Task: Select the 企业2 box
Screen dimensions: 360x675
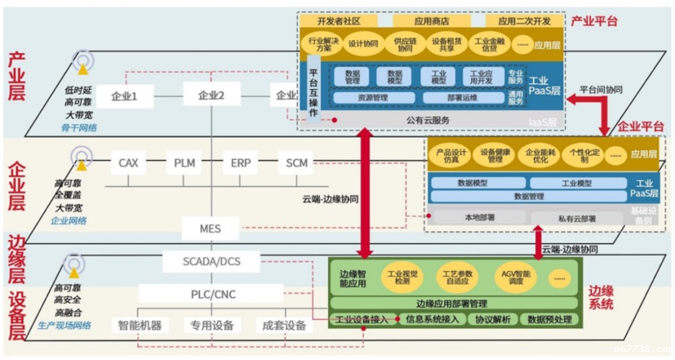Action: pos(211,96)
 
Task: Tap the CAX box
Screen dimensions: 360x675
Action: pos(128,163)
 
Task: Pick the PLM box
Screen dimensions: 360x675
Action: pos(184,163)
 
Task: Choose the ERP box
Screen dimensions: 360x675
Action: pos(240,163)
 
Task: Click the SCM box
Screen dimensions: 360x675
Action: pos(296,163)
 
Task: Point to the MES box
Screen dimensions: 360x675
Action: pos(210,228)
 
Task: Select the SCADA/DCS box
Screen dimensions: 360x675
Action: pos(211,261)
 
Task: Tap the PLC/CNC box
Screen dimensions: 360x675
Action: pos(211,294)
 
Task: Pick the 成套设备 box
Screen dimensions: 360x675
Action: pos(284,326)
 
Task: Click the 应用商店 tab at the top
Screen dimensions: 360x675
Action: pos(432,21)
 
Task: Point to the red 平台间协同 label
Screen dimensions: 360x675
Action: pos(601,89)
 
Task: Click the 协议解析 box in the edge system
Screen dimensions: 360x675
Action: pos(493,319)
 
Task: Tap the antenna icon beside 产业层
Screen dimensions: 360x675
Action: pos(83,62)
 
